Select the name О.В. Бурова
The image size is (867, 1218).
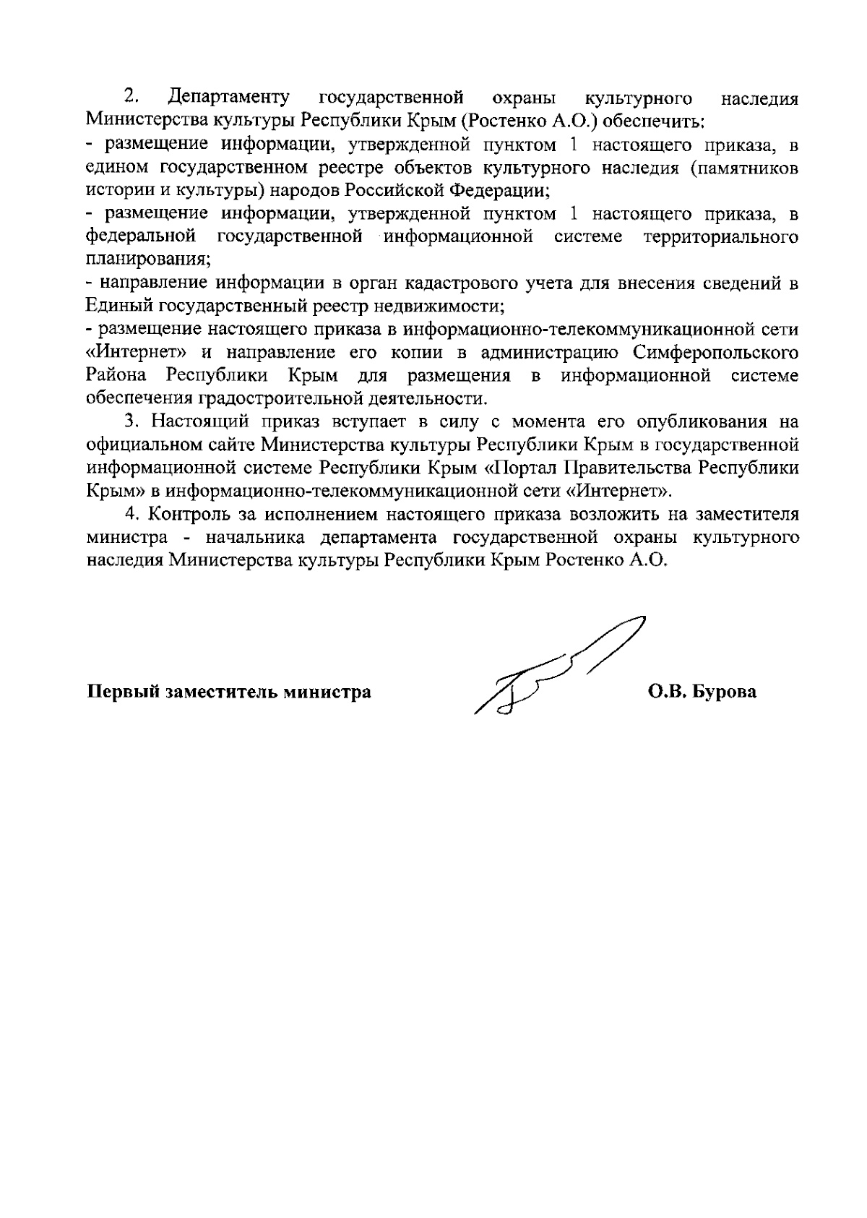coord(702,692)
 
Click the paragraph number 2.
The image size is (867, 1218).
coord(130,96)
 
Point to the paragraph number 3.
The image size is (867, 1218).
coord(130,421)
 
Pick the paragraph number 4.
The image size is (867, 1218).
coord(131,514)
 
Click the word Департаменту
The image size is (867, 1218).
coord(228,97)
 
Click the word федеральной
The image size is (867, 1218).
coord(141,236)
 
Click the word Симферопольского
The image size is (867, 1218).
coord(715,353)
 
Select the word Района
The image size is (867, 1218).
coord(116,376)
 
